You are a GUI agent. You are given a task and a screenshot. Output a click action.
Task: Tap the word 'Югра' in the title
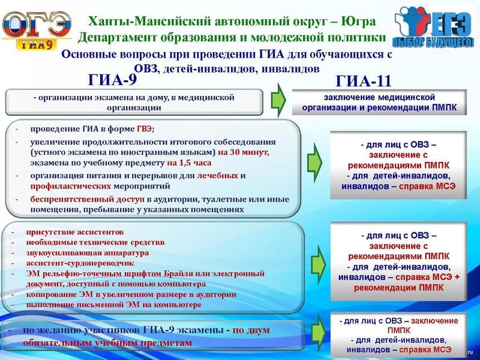pyautogui.click(x=358, y=22)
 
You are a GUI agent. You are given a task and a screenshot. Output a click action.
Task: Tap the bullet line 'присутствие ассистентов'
pyautogui.click(x=74, y=232)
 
